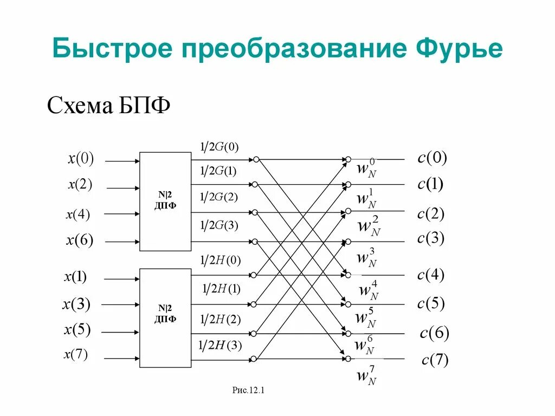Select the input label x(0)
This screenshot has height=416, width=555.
[81, 158]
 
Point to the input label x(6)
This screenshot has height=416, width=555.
[80, 240]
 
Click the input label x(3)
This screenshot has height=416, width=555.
[76, 304]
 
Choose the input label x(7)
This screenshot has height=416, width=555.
[76, 355]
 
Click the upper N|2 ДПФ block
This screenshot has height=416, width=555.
[165, 201]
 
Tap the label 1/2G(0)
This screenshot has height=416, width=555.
[219, 147]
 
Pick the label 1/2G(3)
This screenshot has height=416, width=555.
[219, 225]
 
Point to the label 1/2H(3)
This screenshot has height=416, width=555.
[220, 345]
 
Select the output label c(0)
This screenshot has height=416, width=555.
[432, 158]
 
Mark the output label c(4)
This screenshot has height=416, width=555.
[431, 275]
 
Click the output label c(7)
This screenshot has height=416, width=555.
[435, 360]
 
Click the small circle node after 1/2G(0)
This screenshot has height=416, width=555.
[256, 160]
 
